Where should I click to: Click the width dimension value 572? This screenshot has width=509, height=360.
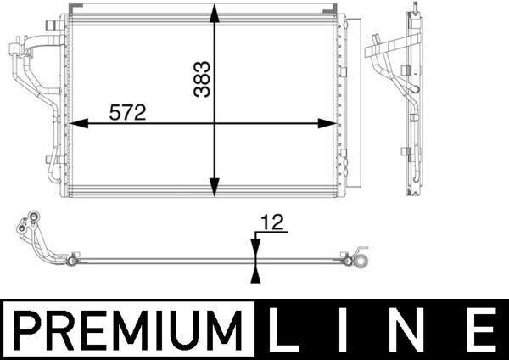tap(127, 112)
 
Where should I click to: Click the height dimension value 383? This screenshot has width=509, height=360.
tap(202, 79)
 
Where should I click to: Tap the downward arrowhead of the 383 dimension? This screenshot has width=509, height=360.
tap(214, 187)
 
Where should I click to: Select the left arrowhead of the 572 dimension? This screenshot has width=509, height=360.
tap(79, 123)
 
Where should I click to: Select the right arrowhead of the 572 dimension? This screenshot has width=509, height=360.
tap(327, 123)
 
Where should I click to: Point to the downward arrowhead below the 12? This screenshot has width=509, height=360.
tap(256, 248)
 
